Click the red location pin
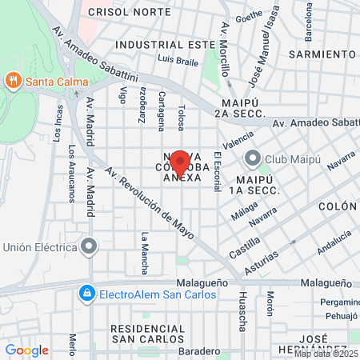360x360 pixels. point(180,162)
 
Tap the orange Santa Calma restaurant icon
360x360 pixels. point(13,80)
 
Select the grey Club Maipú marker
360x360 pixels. point(253,158)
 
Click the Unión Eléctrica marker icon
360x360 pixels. point(90,246)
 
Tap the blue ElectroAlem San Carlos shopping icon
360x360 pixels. point(86,294)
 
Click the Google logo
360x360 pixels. point(26,350)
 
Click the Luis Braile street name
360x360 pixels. point(178,59)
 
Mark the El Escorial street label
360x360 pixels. point(217,170)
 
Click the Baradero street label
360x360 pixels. point(199,351)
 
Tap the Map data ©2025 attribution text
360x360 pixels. point(326,354)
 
